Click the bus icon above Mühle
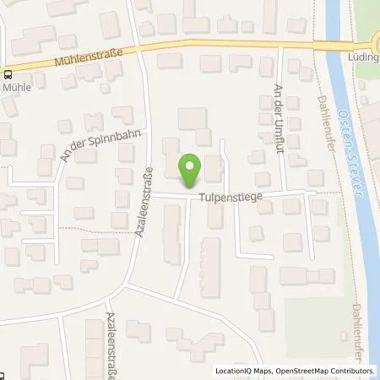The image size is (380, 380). tap(5, 73)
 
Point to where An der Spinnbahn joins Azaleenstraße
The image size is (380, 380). tap(148, 133)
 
